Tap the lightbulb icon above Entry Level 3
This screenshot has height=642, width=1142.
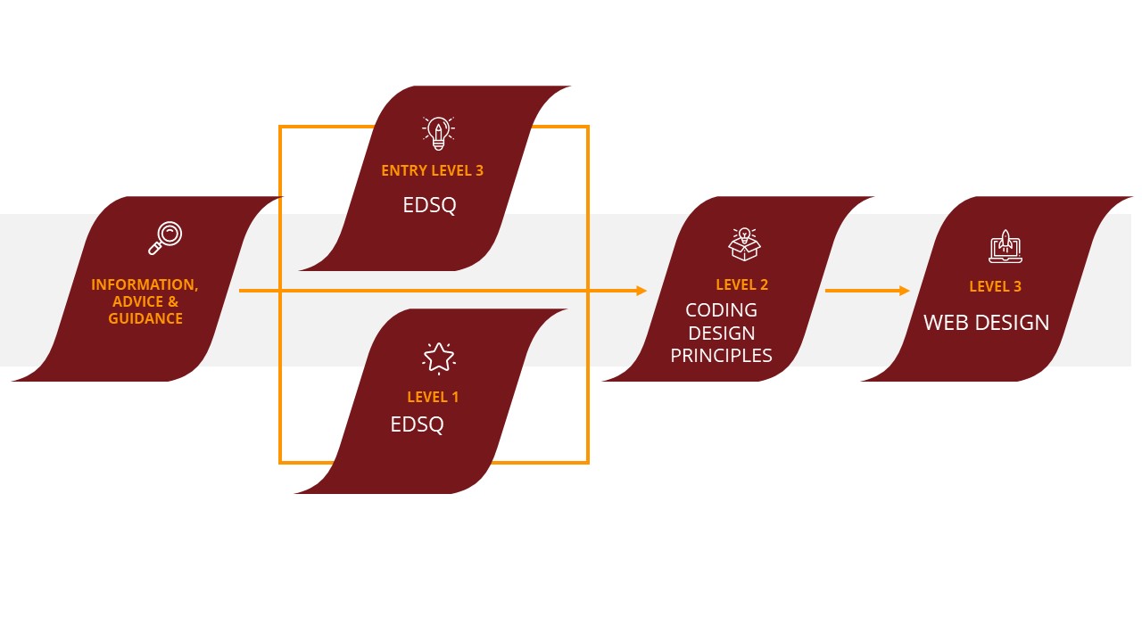[x=437, y=133]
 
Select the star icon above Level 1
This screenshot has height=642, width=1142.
[x=438, y=358]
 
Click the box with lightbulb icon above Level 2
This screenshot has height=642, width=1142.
[x=744, y=243]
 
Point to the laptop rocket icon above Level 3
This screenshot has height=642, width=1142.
[x=1005, y=246]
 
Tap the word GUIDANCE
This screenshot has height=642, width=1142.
[x=145, y=318]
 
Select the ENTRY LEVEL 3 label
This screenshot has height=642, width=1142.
[x=432, y=170]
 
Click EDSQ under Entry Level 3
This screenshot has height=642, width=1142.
[x=429, y=205]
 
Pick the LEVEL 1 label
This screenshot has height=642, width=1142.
[x=433, y=397]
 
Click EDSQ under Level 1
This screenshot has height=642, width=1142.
[x=417, y=424]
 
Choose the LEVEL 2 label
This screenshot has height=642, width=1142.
[x=741, y=284]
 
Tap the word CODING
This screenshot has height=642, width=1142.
[x=721, y=310]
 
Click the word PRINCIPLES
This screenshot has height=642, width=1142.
[x=721, y=355]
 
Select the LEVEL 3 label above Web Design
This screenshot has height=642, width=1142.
[x=995, y=286]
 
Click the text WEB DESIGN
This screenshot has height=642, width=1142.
[x=986, y=323]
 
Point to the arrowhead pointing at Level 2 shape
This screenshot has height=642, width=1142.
[x=641, y=291]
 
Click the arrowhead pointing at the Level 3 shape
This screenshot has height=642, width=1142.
[x=905, y=291]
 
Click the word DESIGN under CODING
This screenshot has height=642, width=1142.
[x=721, y=333]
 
